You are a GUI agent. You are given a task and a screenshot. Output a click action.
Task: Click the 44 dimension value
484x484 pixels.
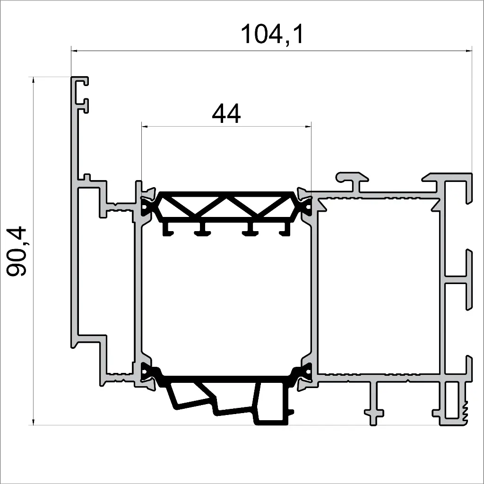[x=226, y=113]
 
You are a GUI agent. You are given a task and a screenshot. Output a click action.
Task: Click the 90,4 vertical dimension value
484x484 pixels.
[x=19, y=251]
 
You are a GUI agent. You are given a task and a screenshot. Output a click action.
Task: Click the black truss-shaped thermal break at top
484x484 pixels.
[x=227, y=206]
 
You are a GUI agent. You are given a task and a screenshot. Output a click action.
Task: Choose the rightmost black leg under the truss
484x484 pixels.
[x=285, y=230]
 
